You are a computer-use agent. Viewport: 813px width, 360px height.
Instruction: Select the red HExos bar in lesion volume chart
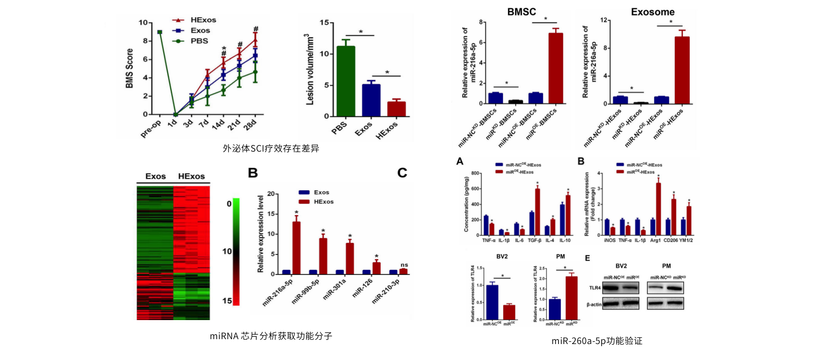click(396, 109)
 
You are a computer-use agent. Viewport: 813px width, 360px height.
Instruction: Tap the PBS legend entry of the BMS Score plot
click(199, 41)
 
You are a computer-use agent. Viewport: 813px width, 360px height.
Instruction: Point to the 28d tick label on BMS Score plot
click(250, 125)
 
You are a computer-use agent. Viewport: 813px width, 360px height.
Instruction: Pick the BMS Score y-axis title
click(129, 68)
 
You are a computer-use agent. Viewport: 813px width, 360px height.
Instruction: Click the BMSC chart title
click(521, 12)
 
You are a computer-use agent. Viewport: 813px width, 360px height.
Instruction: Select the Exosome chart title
click(653, 12)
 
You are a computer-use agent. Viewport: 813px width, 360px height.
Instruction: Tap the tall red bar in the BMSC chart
click(555, 68)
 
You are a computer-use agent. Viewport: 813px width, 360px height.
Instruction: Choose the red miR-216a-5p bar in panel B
click(296, 248)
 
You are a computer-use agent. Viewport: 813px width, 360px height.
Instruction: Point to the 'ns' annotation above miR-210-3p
click(404, 265)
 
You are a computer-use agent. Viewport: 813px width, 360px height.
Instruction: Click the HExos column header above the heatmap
click(192, 176)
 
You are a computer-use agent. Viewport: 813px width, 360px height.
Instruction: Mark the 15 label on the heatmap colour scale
click(227, 301)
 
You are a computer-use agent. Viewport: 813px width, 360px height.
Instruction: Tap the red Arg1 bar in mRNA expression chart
click(658, 209)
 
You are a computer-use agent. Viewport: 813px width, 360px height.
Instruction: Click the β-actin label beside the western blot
click(594, 304)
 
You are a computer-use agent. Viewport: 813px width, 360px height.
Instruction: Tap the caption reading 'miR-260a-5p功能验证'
click(597, 340)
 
